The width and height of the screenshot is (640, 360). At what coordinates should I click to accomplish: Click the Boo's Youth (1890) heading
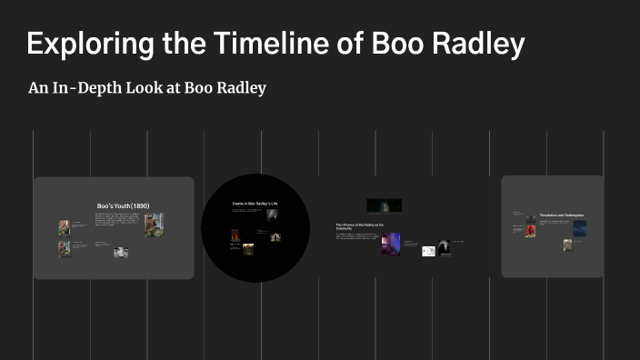coord(123,206)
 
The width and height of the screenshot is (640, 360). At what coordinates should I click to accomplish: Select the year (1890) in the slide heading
coord(139,206)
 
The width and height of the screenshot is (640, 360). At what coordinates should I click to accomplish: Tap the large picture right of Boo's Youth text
coord(154,224)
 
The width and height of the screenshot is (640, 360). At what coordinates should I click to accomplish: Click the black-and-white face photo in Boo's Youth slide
coord(120,253)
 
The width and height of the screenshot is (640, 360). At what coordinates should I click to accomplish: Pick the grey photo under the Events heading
coord(271,215)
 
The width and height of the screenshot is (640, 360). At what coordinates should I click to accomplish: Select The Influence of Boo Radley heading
coord(360,225)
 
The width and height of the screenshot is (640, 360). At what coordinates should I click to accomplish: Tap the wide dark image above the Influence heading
coord(384,205)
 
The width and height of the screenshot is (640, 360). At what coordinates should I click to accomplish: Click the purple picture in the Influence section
coord(391,243)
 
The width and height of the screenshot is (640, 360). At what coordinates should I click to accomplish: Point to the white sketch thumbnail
coord(428,251)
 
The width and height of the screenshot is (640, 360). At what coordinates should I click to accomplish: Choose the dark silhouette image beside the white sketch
coord(444,246)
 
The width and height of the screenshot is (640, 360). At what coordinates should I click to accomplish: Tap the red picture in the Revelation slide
coord(530,231)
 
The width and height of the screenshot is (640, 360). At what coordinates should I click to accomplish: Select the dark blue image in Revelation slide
coord(579,228)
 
